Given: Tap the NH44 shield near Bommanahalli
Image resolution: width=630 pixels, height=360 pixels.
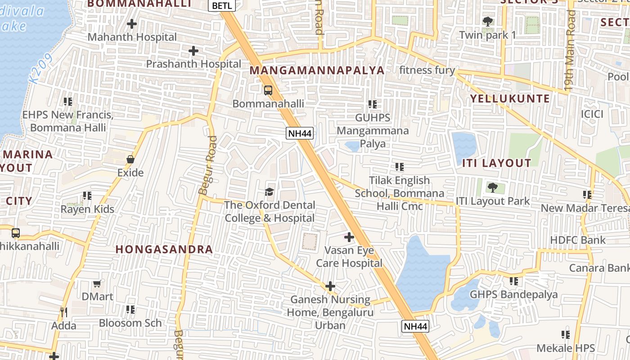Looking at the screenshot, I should pyautogui.click(x=300, y=133).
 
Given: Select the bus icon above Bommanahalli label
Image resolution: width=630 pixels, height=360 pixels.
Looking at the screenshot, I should pyautogui.click(x=268, y=90).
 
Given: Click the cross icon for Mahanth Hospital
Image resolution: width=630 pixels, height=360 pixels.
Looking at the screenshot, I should pyautogui.click(x=132, y=23).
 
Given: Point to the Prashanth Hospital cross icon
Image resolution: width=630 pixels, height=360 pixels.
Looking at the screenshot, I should pyautogui.click(x=193, y=51).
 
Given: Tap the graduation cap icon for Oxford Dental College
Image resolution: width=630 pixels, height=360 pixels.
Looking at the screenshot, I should pyautogui.click(x=269, y=192).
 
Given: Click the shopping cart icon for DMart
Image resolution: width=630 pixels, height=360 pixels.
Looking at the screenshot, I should pyautogui.click(x=97, y=283).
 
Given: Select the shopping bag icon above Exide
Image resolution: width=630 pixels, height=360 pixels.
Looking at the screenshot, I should pyautogui.click(x=130, y=159).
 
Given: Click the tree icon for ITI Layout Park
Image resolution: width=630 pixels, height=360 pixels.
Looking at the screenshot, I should pyautogui.click(x=493, y=187).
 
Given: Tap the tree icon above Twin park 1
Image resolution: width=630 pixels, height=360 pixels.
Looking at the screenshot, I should pyautogui.click(x=487, y=21).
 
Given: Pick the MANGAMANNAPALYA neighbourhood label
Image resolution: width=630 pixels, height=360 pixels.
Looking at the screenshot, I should pyautogui.click(x=317, y=71).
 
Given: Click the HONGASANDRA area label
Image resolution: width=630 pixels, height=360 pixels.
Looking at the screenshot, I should pyautogui.click(x=164, y=249).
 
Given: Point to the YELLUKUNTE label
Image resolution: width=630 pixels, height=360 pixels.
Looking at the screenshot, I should pyautogui.click(x=510, y=99).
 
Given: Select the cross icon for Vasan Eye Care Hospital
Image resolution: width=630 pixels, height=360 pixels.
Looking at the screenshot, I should pyautogui.click(x=349, y=237).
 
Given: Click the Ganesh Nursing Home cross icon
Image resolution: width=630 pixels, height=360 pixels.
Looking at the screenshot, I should pyautogui.click(x=330, y=286).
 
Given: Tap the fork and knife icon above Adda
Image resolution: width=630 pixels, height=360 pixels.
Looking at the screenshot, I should pyautogui.click(x=63, y=311).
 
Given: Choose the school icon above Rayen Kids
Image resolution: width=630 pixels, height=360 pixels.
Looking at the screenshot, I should pyautogui.click(x=87, y=196).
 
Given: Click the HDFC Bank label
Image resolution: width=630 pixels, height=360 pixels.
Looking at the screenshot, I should pyautogui.click(x=578, y=240).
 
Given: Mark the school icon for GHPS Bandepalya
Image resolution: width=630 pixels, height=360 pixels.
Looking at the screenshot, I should pyautogui.click(x=513, y=281).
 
